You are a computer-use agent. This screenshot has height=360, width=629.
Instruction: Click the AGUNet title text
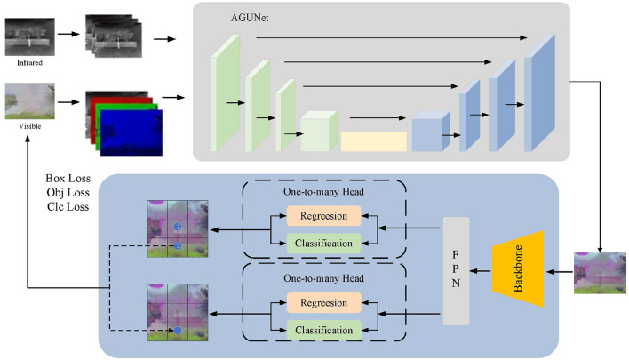250,16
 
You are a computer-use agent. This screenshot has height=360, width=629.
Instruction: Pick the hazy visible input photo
29,101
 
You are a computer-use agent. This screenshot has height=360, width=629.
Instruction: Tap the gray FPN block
456,269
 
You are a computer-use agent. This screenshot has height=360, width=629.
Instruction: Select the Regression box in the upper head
323,216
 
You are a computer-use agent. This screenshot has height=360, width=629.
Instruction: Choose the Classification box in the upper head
323,243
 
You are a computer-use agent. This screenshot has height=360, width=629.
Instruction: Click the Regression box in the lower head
323,303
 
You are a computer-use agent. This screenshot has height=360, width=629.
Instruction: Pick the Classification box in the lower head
323,330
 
